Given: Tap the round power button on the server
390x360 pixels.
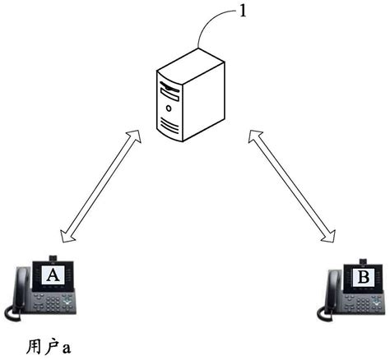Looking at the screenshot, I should (x=169, y=108).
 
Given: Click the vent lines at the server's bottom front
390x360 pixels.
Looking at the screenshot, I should (x=169, y=126).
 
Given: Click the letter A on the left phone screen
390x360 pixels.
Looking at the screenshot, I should (x=53, y=275).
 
